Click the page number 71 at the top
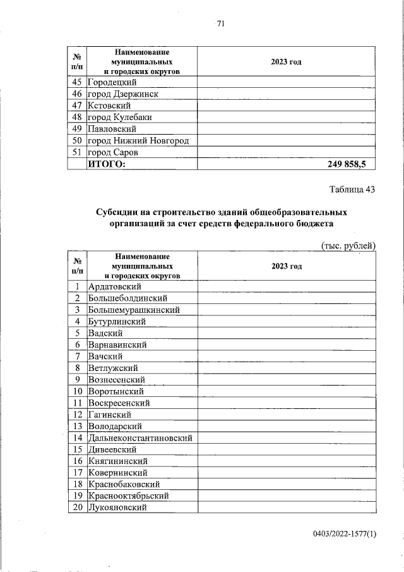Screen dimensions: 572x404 coord(220,24)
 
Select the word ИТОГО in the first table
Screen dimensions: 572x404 coord(107,164)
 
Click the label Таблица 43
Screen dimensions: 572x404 coord(352,190)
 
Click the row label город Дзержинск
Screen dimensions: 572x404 coord(122,94)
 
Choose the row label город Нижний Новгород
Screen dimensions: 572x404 coord(138,140)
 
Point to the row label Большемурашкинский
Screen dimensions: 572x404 coord(134,310)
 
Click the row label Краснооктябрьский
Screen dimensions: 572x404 coord(128,496)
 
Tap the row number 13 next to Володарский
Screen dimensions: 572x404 coord(78,426)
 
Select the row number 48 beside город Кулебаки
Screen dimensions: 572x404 coord(78,118)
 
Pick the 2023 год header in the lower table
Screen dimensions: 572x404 coord(287,266)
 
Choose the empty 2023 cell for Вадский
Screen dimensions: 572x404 coord(287,333)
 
